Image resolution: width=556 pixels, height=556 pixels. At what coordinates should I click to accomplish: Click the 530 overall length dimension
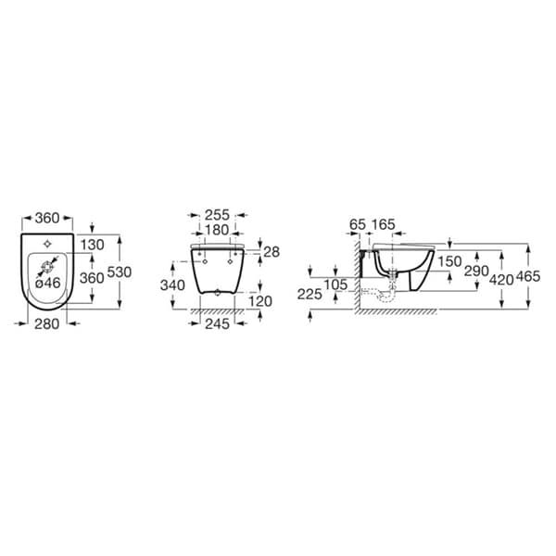(120, 272)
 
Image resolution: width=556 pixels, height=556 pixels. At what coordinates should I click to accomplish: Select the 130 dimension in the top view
(92, 245)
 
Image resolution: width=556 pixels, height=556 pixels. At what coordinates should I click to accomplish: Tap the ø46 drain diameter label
(48, 283)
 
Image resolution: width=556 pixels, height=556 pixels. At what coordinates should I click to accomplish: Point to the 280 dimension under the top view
(47, 323)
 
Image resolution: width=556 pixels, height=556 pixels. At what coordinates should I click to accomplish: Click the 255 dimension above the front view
(218, 215)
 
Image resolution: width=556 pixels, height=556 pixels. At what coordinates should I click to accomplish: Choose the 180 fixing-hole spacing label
(218, 230)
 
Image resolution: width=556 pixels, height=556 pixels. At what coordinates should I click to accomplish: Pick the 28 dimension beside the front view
(272, 252)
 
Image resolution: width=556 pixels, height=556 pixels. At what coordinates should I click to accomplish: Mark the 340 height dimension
(172, 285)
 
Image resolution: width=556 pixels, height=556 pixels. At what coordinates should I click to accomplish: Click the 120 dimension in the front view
(259, 301)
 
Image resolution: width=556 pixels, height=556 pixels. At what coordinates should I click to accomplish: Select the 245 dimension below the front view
(218, 323)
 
